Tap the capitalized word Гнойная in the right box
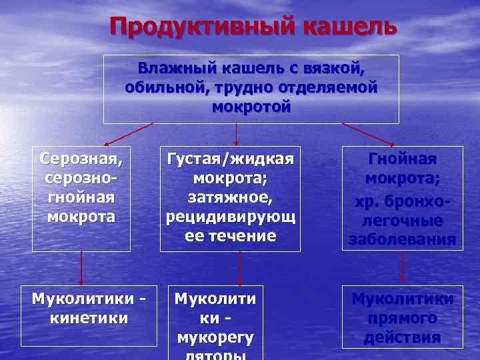[403, 160]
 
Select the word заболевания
[403, 239]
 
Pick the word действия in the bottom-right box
[403, 337]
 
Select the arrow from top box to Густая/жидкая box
[237, 134]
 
